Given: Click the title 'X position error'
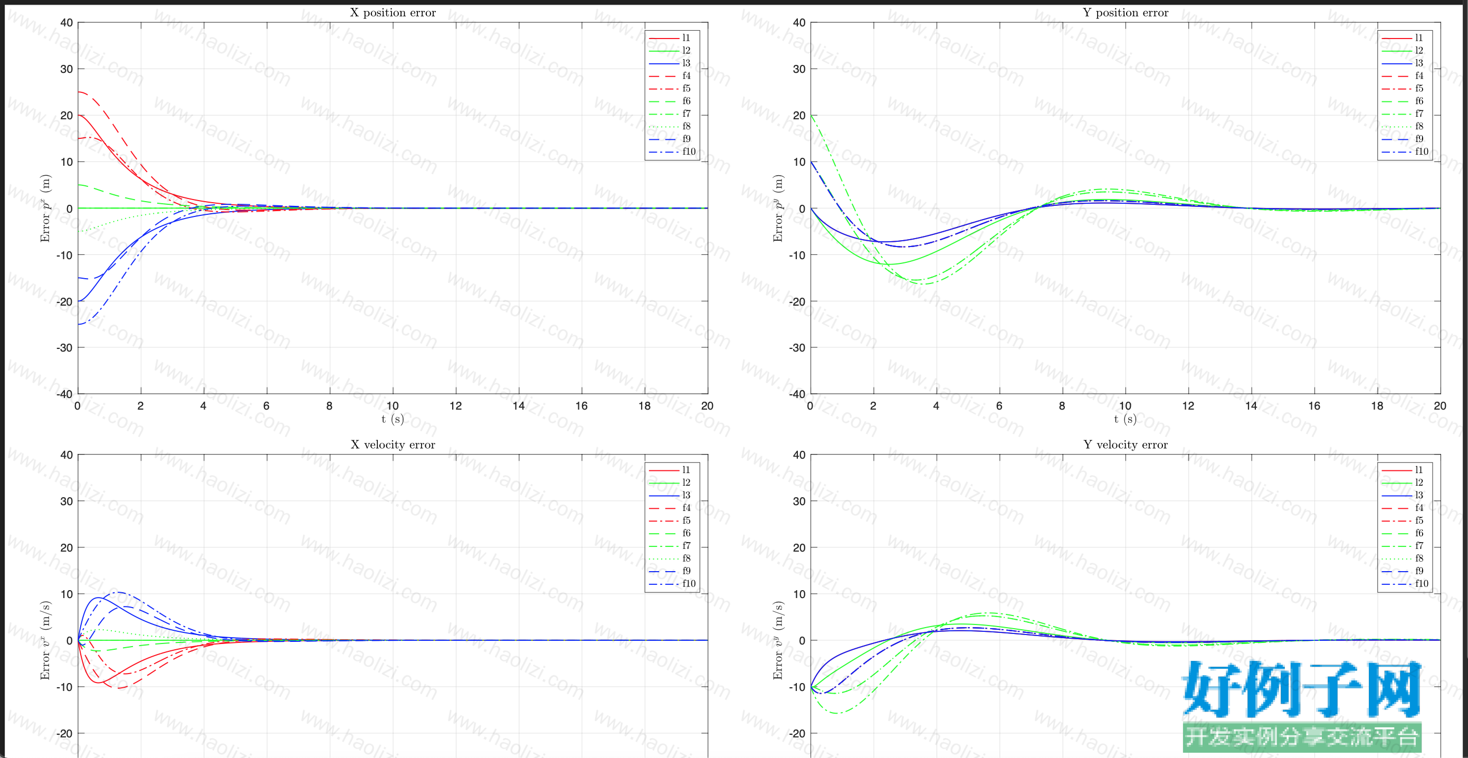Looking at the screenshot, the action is (x=393, y=13).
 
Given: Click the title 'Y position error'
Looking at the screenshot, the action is (x=1126, y=13).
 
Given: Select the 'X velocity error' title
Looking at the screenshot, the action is (x=393, y=444).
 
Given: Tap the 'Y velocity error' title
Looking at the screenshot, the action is (x=1126, y=444).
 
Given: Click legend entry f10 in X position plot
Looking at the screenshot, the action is (x=689, y=151).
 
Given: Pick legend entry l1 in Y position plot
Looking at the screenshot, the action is (x=1418, y=37).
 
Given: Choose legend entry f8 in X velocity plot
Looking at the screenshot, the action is (x=686, y=558).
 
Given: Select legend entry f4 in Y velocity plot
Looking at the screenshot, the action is (x=1419, y=508).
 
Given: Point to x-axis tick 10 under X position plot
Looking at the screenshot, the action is (x=393, y=406).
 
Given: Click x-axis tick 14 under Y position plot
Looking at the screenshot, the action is (x=1251, y=406).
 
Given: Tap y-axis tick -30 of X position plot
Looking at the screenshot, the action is (x=64, y=348).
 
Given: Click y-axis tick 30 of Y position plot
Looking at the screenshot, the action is (x=799, y=69).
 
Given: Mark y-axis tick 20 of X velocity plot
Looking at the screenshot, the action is (x=66, y=548).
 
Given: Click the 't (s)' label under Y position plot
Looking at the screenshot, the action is (x=1126, y=420).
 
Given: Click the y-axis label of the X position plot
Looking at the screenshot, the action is (x=45, y=208).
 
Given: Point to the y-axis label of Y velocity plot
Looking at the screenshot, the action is (x=778, y=640).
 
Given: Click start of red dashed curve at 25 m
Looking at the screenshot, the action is (x=78, y=92).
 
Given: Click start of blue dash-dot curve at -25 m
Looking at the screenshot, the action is (x=78, y=324).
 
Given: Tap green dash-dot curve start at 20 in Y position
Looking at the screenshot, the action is (x=811, y=115).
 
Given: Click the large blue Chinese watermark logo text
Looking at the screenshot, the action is (x=1302, y=689).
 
